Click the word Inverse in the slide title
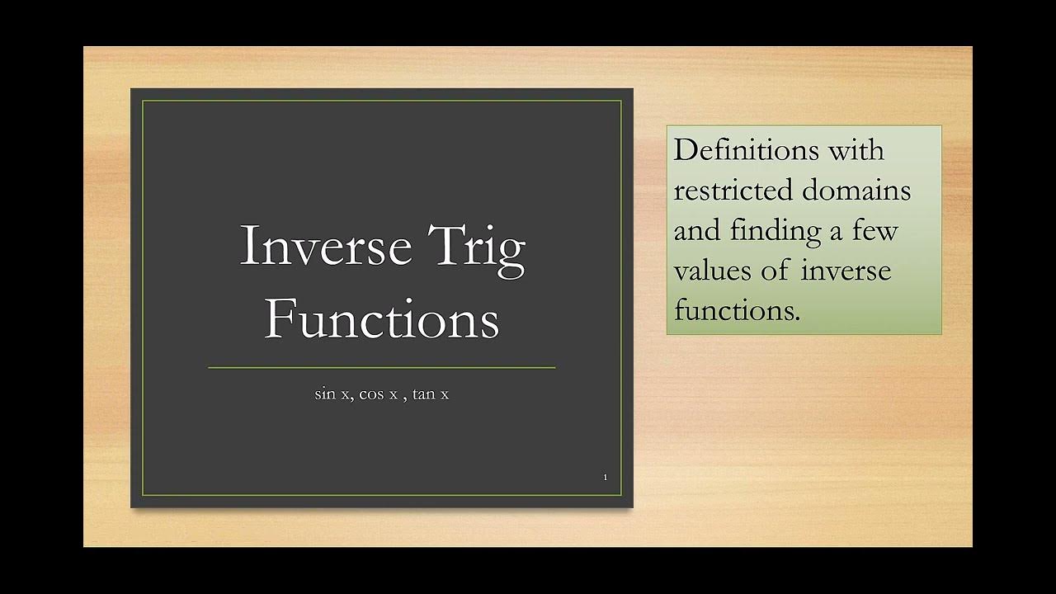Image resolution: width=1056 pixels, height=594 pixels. (x=325, y=246)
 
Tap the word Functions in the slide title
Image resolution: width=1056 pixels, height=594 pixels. (x=381, y=319)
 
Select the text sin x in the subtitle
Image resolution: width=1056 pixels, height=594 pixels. (x=332, y=394)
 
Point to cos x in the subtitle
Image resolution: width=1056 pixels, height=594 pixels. (x=378, y=394)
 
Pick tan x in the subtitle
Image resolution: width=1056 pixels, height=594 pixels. (x=431, y=394)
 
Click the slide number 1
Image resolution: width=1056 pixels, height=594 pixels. (x=605, y=478)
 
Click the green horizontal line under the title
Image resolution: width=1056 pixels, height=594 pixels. (x=381, y=367)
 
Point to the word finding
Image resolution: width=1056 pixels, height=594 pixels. (x=775, y=231)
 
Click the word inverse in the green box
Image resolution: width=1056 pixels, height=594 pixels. (x=846, y=271)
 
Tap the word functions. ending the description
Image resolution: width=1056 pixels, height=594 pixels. (x=737, y=311)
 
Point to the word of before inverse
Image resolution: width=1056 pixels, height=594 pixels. (x=775, y=271)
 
